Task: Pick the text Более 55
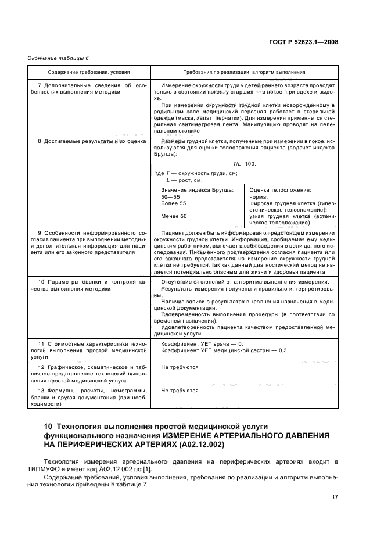click(174, 204)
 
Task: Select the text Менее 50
click(174, 216)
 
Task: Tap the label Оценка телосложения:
click(280, 190)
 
